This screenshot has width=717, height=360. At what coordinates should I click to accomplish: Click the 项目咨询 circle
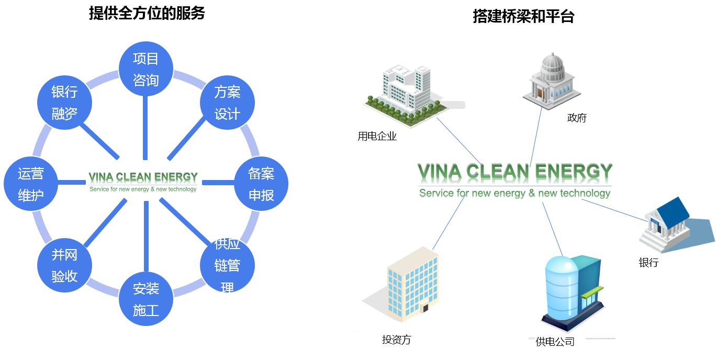[x=145, y=69]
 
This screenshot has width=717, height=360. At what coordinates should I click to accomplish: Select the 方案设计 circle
[x=227, y=103]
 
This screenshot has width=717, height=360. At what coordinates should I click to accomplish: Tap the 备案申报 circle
[x=261, y=184]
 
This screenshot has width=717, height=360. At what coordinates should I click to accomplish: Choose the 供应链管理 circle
[x=227, y=266]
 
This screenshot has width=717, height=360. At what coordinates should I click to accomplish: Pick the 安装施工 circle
[x=145, y=299]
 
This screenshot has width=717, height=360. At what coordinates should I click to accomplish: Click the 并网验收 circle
[x=64, y=266]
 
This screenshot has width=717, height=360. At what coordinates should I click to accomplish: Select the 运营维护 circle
[x=31, y=184]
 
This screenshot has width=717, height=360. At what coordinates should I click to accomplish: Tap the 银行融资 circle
[x=64, y=103]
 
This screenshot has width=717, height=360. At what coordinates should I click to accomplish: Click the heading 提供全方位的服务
[x=147, y=13]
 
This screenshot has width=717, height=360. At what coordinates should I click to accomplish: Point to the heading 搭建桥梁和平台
[x=523, y=16]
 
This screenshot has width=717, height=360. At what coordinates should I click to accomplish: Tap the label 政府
[x=577, y=118]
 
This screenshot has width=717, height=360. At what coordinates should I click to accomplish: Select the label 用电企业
[x=377, y=137]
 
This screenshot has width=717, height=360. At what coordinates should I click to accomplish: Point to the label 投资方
[x=397, y=340]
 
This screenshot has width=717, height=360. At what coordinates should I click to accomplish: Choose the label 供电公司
[x=555, y=342]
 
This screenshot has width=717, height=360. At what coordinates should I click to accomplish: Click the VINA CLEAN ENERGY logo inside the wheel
[x=143, y=181]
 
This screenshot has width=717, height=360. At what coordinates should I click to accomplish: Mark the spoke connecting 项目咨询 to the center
[x=145, y=126]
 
